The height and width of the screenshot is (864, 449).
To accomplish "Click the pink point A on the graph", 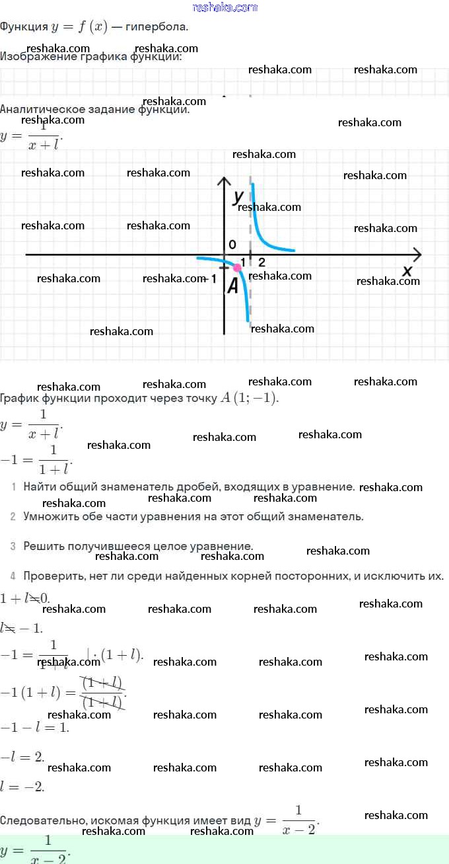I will click(237, 267).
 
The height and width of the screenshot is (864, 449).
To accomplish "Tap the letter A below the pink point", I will click(232, 286).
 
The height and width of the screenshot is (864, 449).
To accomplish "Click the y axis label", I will click(238, 196).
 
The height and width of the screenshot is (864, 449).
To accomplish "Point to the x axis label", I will click(407, 270).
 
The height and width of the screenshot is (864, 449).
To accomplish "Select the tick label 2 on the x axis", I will click(261, 262).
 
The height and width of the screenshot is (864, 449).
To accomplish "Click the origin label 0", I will click(232, 245).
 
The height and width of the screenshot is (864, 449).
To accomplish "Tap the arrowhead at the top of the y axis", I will click(224, 181).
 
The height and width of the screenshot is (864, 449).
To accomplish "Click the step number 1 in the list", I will click(13, 487).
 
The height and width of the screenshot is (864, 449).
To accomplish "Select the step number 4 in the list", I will click(13, 576).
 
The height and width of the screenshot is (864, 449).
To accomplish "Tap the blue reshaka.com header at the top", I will click(224, 7).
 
